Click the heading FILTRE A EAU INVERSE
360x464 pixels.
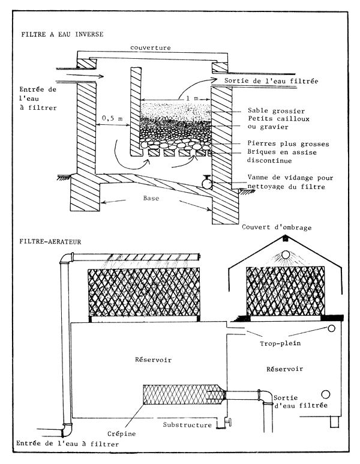62,34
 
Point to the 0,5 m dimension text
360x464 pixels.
112,119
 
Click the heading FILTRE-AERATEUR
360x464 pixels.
52,243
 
